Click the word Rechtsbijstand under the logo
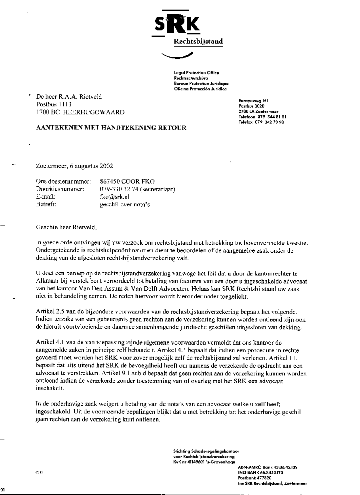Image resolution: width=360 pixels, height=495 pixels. [198, 42]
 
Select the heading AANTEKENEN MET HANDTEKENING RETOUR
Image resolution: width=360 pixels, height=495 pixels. [111, 128]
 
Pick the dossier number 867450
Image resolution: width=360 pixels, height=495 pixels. [110, 181]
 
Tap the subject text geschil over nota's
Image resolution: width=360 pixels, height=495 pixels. [125, 205]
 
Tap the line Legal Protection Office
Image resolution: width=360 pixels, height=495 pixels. [196, 73]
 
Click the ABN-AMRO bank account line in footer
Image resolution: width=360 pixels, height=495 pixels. [267, 467]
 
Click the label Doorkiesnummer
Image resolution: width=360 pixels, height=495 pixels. [60, 189]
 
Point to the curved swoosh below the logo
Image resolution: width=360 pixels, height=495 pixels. [175, 56]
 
